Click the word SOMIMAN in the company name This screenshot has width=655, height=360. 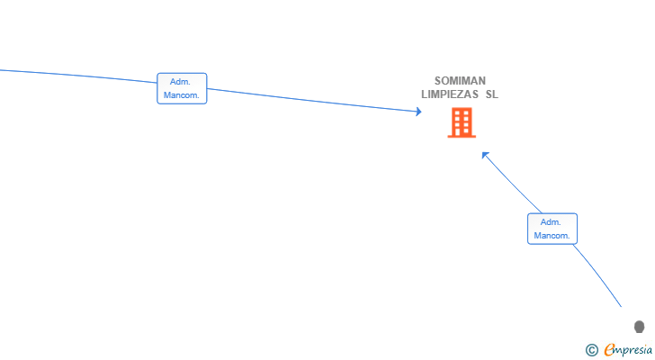[460, 81]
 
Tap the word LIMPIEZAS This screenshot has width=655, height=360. [450, 94]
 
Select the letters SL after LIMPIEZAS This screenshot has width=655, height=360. [491, 94]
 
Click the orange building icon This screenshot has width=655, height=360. [462, 122]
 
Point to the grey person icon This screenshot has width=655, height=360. [639, 327]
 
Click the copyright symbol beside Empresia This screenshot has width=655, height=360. [591, 350]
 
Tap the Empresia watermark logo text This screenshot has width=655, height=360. [628, 350]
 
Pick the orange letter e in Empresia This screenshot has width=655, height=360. [609, 350]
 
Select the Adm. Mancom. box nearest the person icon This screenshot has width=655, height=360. [552, 229]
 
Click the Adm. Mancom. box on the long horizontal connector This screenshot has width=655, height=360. [182, 88]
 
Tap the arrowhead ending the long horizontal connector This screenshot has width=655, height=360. [419, 112]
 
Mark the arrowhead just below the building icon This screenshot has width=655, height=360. [485, 155]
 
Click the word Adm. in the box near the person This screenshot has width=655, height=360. [551, 222]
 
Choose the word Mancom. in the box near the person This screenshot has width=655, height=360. [552, 236]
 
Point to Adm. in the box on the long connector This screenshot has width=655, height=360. [180, 82]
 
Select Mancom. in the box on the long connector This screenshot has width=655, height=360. [182, 95]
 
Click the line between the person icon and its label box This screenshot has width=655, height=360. [598, 274]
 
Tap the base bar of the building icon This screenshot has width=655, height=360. [462, 136]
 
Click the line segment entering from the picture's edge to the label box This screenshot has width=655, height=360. [78, 76]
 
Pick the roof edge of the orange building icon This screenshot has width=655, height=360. [462, 109]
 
